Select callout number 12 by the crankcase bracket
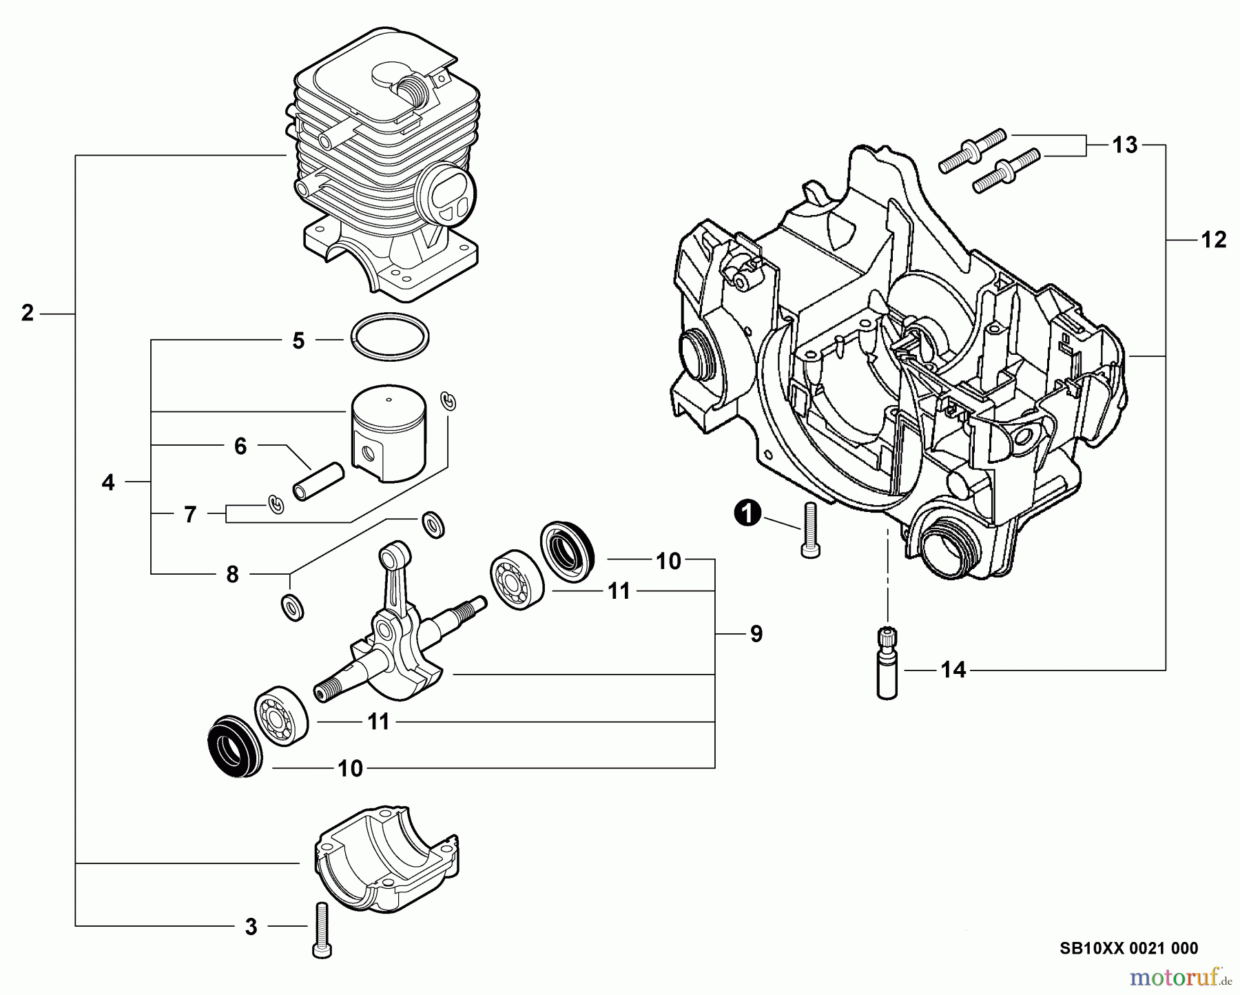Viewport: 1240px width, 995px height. tap(1213, 240)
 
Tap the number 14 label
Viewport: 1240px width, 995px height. tap(953, 669)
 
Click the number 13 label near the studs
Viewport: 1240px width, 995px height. tap(1124, 145)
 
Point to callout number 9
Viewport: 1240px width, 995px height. tap(756, 634)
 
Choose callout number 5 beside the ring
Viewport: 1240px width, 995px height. tap(298, 340)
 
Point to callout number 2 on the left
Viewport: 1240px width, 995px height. tap(27, 314)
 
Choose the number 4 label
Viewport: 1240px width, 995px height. tap(108, 482)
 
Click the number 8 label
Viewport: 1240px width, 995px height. tap(232, 574)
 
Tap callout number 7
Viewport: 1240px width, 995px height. tap(190, 514)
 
